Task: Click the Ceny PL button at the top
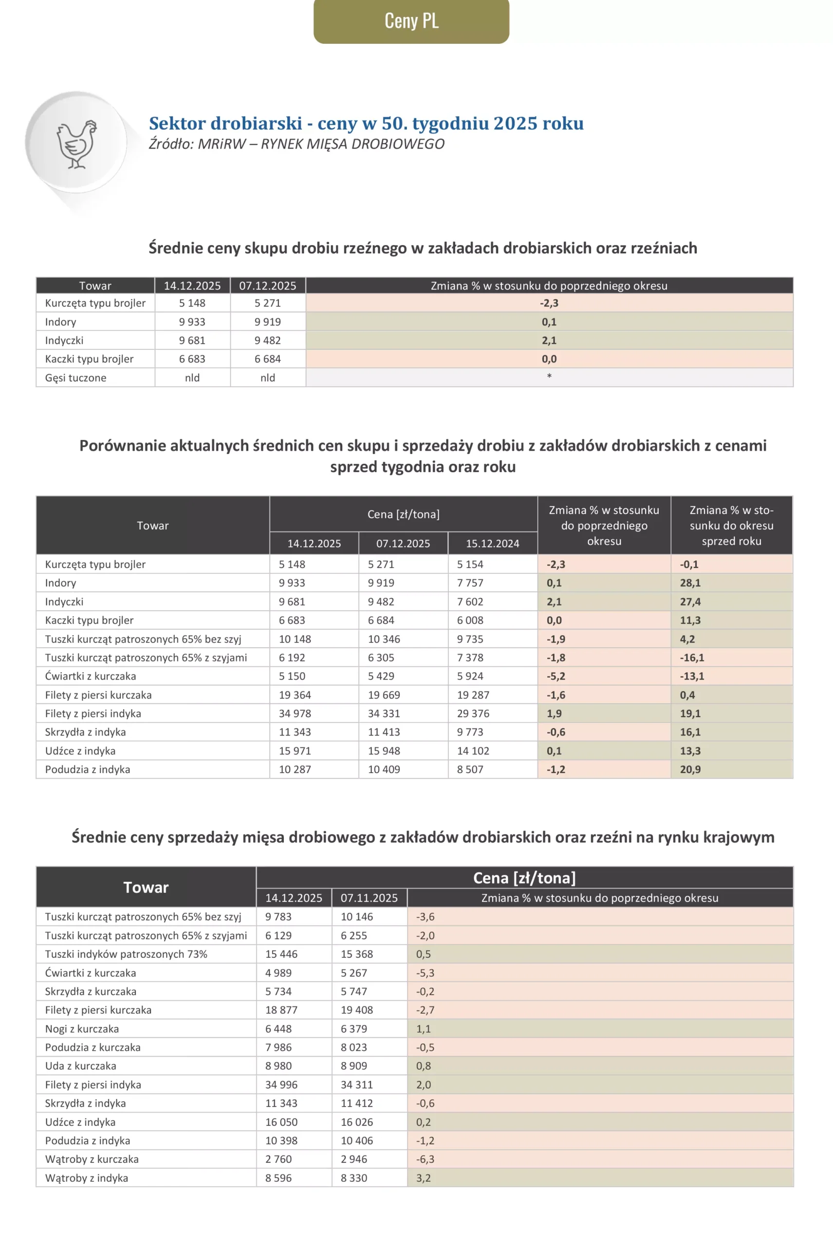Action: point(411,21)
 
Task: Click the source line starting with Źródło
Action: point(296,144)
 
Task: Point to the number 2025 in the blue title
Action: point(515,123)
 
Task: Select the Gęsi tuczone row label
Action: point(75,378)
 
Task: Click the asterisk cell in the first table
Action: point(549,377)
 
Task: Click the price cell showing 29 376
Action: point(473,713)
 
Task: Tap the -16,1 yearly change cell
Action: point(692,658)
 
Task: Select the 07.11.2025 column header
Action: point(369,898)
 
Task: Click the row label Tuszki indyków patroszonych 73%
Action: point(126,954)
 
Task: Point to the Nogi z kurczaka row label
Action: point(82,1029)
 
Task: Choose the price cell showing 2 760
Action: point(278,1159)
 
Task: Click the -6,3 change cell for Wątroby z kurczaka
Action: point(425,1159)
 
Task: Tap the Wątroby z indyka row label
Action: point(87,1178)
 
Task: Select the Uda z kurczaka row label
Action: point(80,1066)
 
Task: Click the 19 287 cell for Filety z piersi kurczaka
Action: point(473,695)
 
